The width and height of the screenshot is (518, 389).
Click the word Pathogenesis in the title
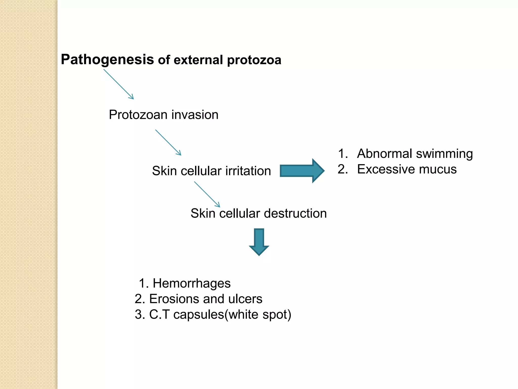(107, 60)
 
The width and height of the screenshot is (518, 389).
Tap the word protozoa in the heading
(254, 60)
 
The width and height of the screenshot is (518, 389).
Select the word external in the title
(198, 60)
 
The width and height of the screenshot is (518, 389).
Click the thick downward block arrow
(259, 242)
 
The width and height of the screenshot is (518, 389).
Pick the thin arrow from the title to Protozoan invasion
(118, 84)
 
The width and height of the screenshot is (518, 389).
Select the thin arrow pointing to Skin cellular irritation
(168, 142)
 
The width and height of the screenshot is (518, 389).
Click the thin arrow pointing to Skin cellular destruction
(207, 194)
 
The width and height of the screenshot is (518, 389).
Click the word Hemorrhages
(191, 283)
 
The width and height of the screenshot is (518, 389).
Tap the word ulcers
(245, 299)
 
